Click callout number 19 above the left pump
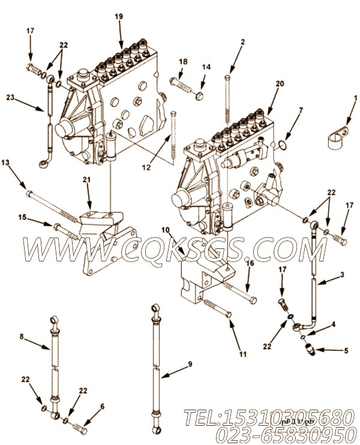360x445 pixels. tap(119, 17)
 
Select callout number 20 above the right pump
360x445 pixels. tap(280, 84)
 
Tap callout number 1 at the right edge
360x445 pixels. tap(355, 97)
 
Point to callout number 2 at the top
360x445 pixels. tap(242, 42)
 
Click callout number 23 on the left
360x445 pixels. tap(10, 96)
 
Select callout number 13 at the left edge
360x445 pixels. tap(5, 163)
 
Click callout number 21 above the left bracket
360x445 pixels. tap(86, 180)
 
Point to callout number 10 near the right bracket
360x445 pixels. tap(165, 228)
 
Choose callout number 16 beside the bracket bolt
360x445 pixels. tap(250, 263)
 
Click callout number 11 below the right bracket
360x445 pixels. tap(242, 354)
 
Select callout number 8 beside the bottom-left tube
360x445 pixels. tap(22, 337)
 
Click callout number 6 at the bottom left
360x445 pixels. tap(102, 406)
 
